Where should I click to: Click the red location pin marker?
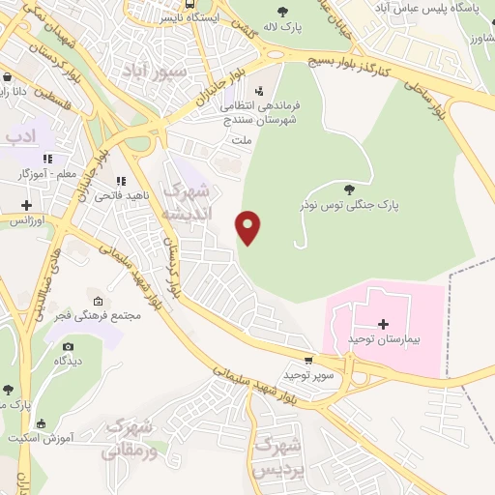click(x=248, y=227)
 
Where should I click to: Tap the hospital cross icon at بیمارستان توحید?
click(x=383, y=324)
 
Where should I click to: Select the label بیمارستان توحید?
click(x=386, y=342)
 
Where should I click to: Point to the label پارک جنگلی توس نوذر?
click(x=357, y=205)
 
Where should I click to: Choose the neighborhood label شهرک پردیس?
click(x=277, y=456)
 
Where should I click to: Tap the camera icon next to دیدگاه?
click(x=68, y=345)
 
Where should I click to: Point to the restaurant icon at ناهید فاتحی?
click(x=121, y=181)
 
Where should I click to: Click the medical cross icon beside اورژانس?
click(x=27, y=205)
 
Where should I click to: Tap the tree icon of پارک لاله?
click(x=282, y=12)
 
